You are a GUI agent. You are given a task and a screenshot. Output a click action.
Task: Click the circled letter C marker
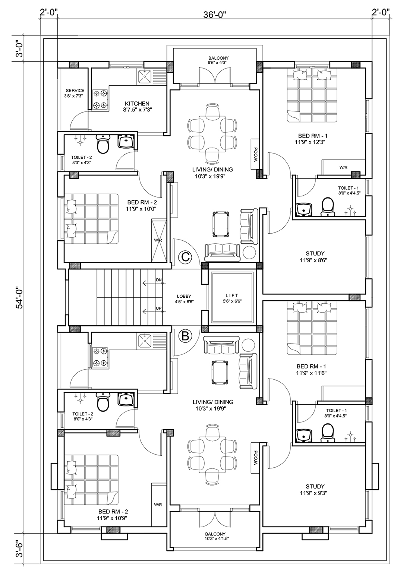point(186,257)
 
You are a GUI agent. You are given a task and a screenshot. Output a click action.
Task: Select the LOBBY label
point(184,296)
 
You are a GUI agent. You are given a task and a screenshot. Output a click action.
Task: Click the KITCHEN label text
point(137,104)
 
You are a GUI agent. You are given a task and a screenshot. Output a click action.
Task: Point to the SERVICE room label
point(75,91)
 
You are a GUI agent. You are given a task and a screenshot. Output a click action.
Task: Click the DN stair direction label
point(159,280)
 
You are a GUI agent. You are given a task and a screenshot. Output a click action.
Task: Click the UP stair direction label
point(159,308)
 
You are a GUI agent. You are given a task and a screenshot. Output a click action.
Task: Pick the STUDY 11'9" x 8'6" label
point(315,257)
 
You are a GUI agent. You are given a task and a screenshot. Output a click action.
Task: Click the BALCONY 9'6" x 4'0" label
point(218,60)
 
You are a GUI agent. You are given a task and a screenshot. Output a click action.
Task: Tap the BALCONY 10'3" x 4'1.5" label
point(215,556)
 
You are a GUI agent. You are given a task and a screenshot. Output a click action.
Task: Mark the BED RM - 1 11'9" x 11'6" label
point(311,370)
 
